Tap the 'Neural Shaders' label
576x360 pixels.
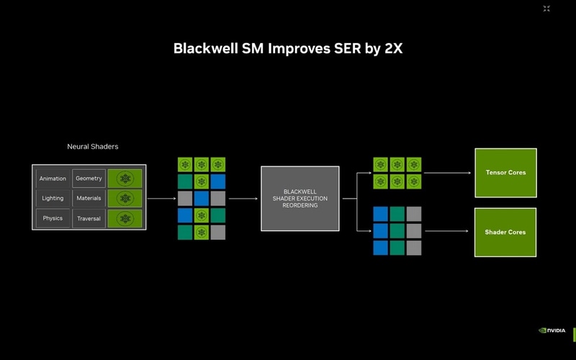pyautogui.click(x=93, y=147)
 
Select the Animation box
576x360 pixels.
pyautogui.click(x=53, y=179)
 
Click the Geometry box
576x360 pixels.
pyautogui.click(x=89, y=179)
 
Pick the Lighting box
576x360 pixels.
pyautogui.click(x=53, y=198)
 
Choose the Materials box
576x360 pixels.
pyautogui.click(x=89, y=198)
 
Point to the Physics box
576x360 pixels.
pyautogui.click(x=53, y=218)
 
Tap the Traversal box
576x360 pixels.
pyautogui.click(x=89, y=218)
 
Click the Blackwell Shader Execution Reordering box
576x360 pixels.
pyautogui.click(x=300, y=198)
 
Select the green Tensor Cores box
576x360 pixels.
pyautogui.click(x=505, y=173)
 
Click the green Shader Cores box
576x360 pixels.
pyautogui.click(x=505, y=232)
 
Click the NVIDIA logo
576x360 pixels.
pyautogui.click(x=552, y=330)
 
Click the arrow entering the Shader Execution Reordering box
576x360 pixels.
pyautogui.click(x=243, y=199)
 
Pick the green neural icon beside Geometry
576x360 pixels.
pyautogui.click(x=125, y=179)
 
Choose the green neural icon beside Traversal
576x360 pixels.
pyautogui.click(x=125, y=218)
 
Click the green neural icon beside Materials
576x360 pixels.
pyautogui.click(x=125, y=198)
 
